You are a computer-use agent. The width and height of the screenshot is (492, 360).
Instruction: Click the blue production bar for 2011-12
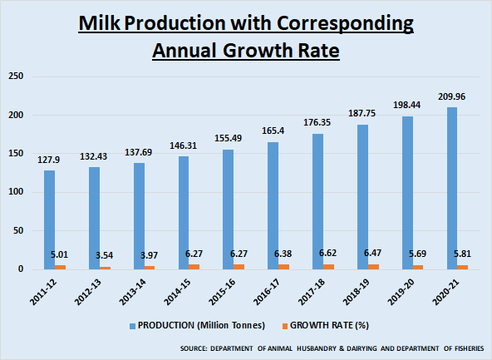tap(49, 219)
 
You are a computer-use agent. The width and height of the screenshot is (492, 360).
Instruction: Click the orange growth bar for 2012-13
tap(105, 267)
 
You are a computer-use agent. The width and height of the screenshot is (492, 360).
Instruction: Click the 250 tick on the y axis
tap(15, 76)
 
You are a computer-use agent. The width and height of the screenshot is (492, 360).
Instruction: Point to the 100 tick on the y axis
tap(15, 192)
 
